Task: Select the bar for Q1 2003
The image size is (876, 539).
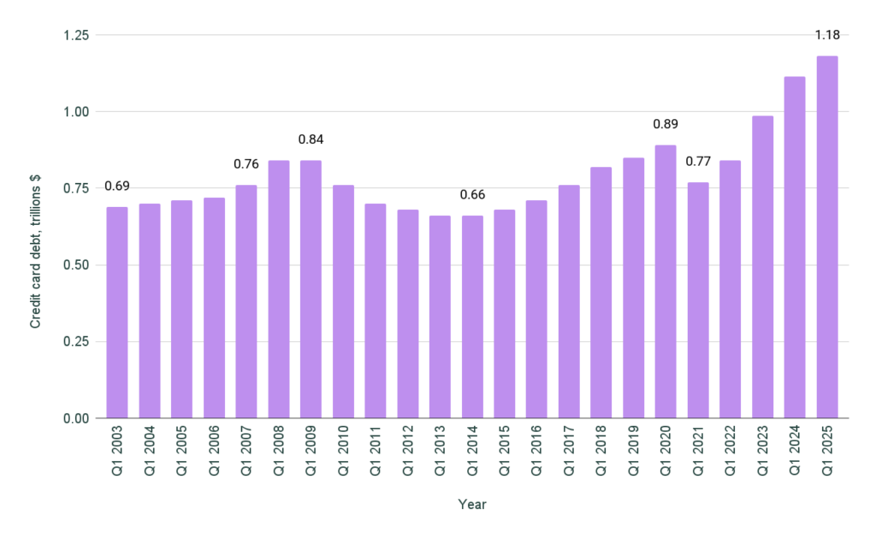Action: pyautogui.click(x=117, y=312)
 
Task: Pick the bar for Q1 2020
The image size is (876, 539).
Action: pyautogui.click(x=666, y=281)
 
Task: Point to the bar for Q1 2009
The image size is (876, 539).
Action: pyautogui.click(x=311, y=289)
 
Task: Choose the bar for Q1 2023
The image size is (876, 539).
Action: pyautogui.click(x=762, y=267)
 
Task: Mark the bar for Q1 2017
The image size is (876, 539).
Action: pyautogui.click(x=569, y=301)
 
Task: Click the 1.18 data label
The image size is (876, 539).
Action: pyautogui.click(x=827, y=35)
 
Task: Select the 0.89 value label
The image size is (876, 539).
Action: pyautogui.click(x=666, y=124)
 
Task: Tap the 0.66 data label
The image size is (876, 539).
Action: pyautogui.click(x=472, y=194)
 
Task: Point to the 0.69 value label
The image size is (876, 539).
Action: pyautogui.click(x=117, y=186)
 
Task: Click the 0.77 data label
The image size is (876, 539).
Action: pyautogui.click(x=698, y=161)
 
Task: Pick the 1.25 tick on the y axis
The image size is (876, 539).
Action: pyautogui.click(x=76, y=35)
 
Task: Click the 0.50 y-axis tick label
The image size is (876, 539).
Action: pyautogui.click(x=76, y=265)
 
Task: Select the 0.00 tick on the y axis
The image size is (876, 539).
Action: pyautogui.click(x=76, y=418)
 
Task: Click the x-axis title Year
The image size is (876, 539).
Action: pyautogui.click(x=472, y=505)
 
